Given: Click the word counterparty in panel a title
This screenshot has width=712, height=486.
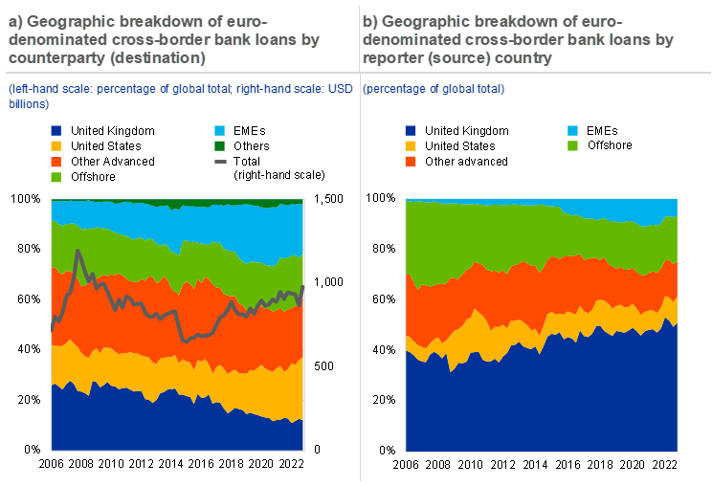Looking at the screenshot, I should [48, 58].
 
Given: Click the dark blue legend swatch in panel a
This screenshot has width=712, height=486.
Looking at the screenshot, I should [56, 130].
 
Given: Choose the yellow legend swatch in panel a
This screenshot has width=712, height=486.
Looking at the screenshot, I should [56, 145].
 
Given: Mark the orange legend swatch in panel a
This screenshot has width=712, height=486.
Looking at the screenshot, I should [56, 161].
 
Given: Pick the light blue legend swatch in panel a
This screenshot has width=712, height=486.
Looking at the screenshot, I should [220, 130].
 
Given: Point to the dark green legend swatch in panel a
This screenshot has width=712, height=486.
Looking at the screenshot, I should [220, 145].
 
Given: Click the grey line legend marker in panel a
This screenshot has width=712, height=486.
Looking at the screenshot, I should [220, 162].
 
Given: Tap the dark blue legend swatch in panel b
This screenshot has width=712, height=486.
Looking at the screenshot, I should [411, 130].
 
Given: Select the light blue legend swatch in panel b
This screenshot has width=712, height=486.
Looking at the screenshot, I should [573, 130].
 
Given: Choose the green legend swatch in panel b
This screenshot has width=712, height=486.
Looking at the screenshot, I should [573, 145].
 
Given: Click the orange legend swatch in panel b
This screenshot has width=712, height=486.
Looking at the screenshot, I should [411, 161].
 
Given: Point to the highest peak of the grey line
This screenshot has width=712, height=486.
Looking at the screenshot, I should [78, 251].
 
